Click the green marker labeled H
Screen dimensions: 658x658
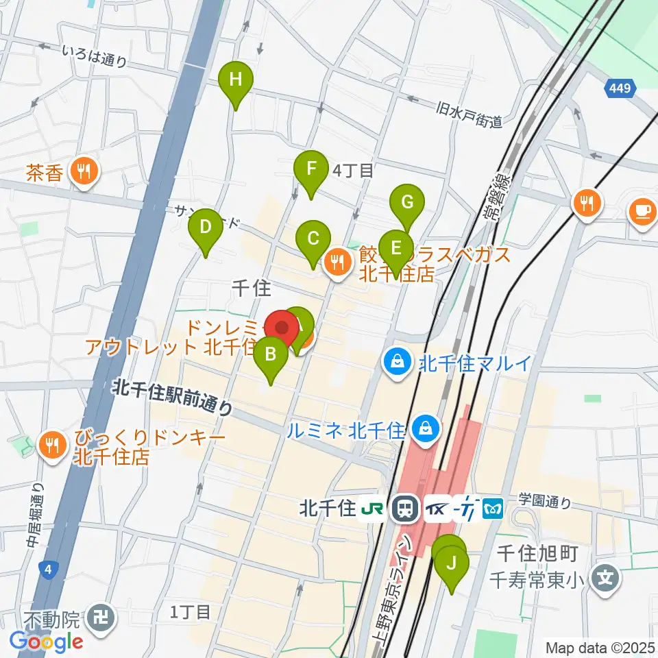[235, 80]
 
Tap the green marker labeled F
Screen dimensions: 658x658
[310, 169]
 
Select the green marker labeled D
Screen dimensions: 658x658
[205, 228]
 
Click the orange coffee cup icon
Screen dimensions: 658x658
[642, 208]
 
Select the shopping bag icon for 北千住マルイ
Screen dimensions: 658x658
[397, 361]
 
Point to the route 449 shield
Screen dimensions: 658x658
[622, 88]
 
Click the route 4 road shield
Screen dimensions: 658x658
[47, 569]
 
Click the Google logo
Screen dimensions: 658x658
[46, 642]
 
